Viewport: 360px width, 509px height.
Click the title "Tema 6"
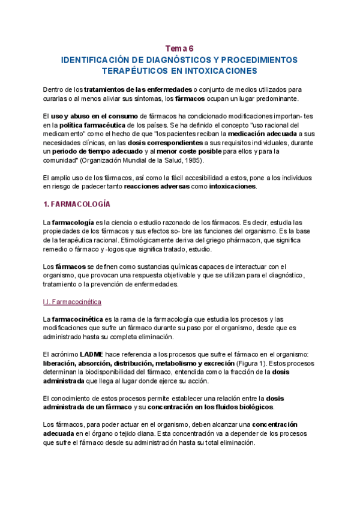click(180, 48)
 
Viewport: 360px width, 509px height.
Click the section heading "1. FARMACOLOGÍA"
click(77, 205)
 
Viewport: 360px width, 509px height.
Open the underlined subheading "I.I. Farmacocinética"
click(72, 301)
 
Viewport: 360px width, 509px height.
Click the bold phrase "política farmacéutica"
click(86, 124)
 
